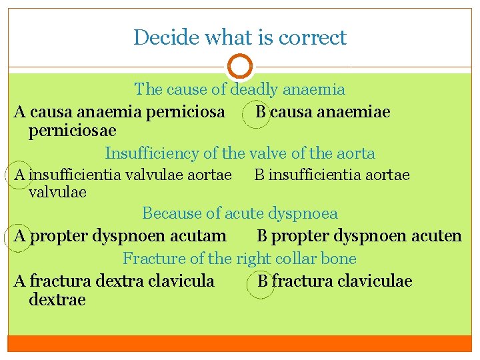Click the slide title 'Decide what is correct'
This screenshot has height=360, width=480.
(239, 37)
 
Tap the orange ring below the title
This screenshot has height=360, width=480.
(239, 67)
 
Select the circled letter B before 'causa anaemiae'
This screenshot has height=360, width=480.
(261, 111)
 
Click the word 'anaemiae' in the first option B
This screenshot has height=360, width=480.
(357, 111)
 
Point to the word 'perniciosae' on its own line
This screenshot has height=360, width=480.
(73, 130)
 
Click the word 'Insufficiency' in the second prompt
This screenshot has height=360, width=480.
(153, 153)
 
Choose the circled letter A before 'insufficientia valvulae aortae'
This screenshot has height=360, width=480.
(20, 175)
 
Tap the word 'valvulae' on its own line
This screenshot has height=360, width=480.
(58, 192)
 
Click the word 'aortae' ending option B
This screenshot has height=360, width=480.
(389, 175)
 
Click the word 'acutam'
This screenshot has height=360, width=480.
(200, 235)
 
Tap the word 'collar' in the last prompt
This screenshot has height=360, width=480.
(294, 258)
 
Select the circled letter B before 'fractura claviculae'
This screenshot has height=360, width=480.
(263, 281)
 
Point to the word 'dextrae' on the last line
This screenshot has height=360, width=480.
(57, 300)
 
